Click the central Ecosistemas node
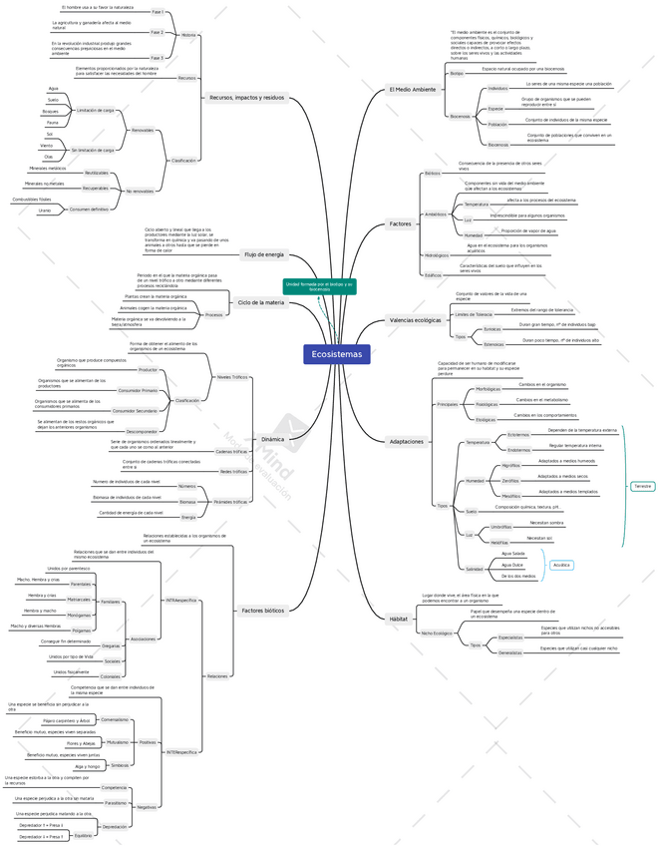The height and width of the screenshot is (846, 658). pyautogui.click(x=337, y=354)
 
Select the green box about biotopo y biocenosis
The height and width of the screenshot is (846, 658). pyautogui.click(x=319, y=286)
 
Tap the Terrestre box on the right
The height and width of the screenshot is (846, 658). pyautogui.click(x=642, y=486)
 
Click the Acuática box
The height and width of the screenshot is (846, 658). pyautogui.click(x=561, y=565)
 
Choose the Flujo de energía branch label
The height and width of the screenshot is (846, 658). pyautogui.click(x=264, y=254)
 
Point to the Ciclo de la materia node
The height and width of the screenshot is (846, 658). pyautogui.click(x=260, y=302)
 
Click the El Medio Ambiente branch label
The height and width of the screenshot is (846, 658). pyautogui.click(x=412, y=90)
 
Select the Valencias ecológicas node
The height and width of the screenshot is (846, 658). pyautogui.click(x=414, y=320)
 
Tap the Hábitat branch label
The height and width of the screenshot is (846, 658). pyautogui.click(x=399, y=619)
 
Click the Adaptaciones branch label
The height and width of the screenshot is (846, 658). pyautogui.click(x=406, y=441)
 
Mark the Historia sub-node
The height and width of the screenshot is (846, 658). pyautogui.click(x=189, y=35)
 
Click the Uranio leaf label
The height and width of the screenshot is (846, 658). pyautogui.click(x=45, y=211)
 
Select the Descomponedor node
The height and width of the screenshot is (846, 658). pyautogui.click(x=142, y=431)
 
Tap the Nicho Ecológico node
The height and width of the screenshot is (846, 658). pyautogui.click(x=436, y=633)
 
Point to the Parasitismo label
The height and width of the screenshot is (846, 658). pyautogui.click(x=116, y=802)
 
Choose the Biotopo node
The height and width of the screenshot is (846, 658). pyautogui.click(x=457, y=73)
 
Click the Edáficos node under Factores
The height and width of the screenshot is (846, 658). pyautogui.click(x=434, y=274)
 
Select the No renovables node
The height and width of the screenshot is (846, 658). pyautogui.click(x=141, y=191)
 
